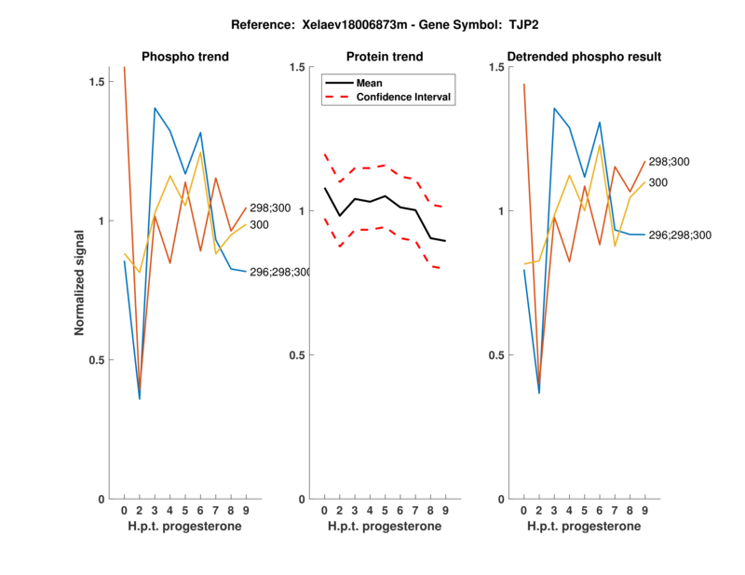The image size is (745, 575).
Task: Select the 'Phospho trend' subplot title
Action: [x=185, y=57]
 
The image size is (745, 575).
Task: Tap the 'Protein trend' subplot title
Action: [x=384, y=57]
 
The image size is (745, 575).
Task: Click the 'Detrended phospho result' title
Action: [x=584, y=57]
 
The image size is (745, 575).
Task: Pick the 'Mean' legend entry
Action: [x=369, y=83]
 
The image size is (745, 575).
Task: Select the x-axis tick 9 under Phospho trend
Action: [x=245, y=511]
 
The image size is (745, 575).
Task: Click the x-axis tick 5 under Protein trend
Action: [x=386, y=511]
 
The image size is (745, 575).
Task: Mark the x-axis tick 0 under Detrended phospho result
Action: [x=524, y=511]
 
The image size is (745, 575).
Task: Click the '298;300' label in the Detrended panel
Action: [x=669, y=162]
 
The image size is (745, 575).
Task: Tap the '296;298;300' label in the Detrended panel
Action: [x=680, y=235]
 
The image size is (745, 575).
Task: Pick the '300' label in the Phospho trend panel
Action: [x=261, y=225]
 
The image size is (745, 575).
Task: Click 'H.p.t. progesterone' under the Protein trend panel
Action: [x=384, y=527]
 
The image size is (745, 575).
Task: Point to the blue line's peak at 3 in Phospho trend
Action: [x=155, y=108]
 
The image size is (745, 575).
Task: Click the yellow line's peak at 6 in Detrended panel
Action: [x=600, y=143]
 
